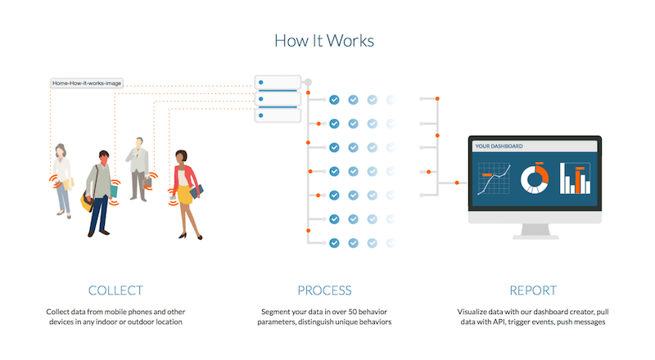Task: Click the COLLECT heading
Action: (115, 290)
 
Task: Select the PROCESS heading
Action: (324, 290)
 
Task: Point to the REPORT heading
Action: (533, 290)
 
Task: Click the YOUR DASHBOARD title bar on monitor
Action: (534, 146)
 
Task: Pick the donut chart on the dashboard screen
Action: (535, 177)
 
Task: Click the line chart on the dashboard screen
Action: (495, 178)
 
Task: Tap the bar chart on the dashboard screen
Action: (575, 178)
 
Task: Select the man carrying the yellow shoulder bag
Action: (99, 192)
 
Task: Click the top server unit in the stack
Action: (277, 83)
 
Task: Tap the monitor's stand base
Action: (534, 220)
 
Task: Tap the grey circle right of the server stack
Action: (308, 83)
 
